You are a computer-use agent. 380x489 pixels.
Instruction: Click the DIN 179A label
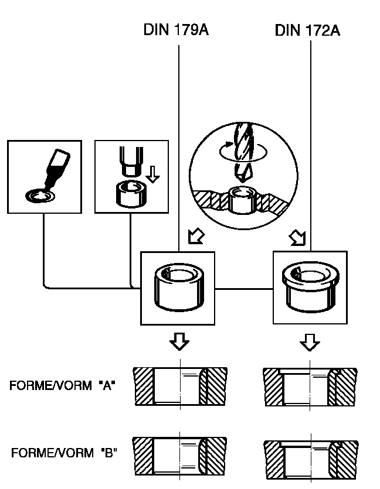tap(175, 30)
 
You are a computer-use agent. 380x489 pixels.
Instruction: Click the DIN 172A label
tap(307, 30)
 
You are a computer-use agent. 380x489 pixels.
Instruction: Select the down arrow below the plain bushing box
tap(179, 342)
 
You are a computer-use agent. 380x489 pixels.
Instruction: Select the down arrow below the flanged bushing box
tap(310, 342)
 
